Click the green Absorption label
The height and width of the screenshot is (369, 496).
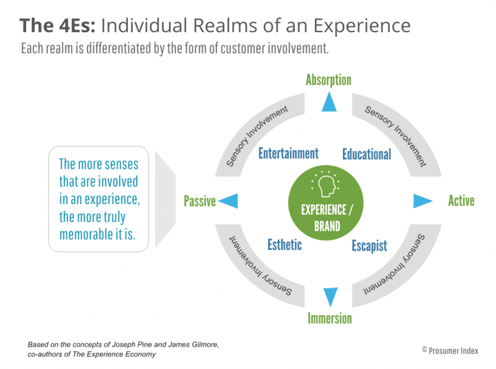(x=329, y=79)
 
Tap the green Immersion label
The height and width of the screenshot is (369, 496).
(x=329, y=318)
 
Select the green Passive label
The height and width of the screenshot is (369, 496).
(x=200, y=201)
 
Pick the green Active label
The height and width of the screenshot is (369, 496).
(x=461, y=200)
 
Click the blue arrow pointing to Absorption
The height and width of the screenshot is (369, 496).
(x=329, y=102)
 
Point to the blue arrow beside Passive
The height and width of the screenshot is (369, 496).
(x=228, y=200)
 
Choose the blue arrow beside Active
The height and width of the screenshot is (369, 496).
(x=423, y=200)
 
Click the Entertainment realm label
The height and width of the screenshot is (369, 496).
(x=288, y=153)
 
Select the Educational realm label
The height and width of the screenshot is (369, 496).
(x=366, y=154)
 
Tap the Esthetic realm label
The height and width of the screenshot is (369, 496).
(x=285, y=244)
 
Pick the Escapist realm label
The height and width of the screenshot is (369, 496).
(x=369, y=245)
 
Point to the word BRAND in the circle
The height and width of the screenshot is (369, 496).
(x=327, y=226)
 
